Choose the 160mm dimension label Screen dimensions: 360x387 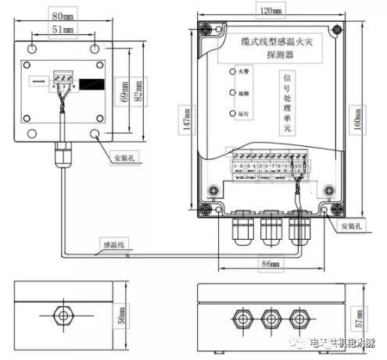tap(364, 117)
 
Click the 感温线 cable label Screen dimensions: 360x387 tap(113, 244)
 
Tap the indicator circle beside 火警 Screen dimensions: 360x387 tap(233, 72)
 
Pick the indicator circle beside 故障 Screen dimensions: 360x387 tap(233, 93)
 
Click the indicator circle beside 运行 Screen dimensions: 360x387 tap(233, 115)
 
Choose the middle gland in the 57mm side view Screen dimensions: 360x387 tap(271, 319)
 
